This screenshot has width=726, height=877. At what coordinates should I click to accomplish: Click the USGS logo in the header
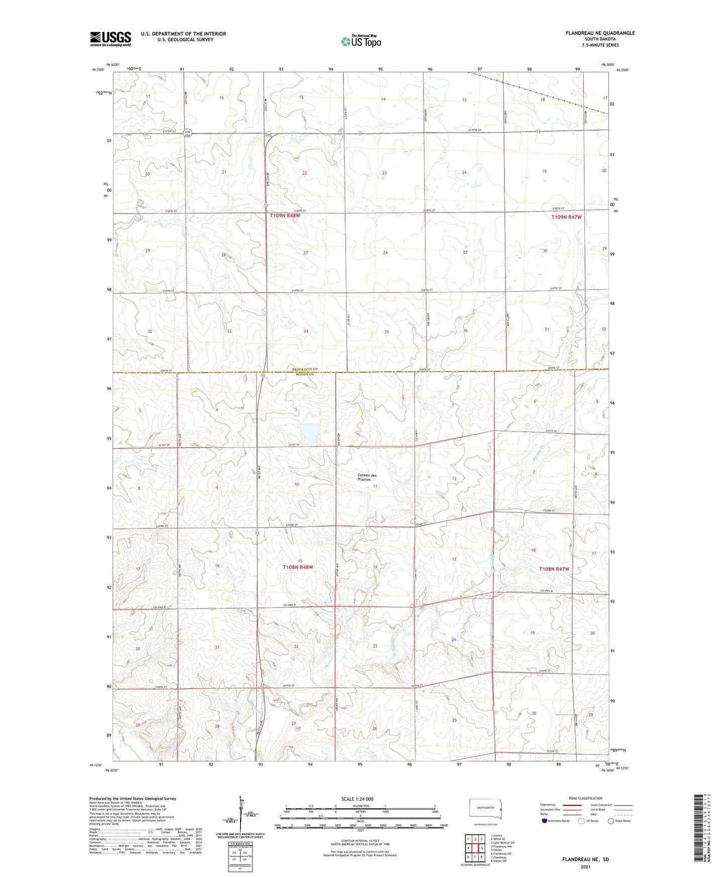pyautogui.click(x=111, y=39)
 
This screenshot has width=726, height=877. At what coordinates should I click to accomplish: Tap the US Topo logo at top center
pyautogui.click(x=361, y=41)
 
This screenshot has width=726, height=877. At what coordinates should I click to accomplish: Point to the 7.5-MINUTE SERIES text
pyautogui.click(x=600, y=45)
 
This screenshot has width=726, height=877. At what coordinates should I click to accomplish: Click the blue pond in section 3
pyautogui.click(x=309, y=432)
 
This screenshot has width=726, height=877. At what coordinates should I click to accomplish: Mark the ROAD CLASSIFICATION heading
pyautogui.click(x=585, y=798)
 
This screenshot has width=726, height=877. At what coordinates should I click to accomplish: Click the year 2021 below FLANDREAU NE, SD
pyautogui.click(x=585, y=866)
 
